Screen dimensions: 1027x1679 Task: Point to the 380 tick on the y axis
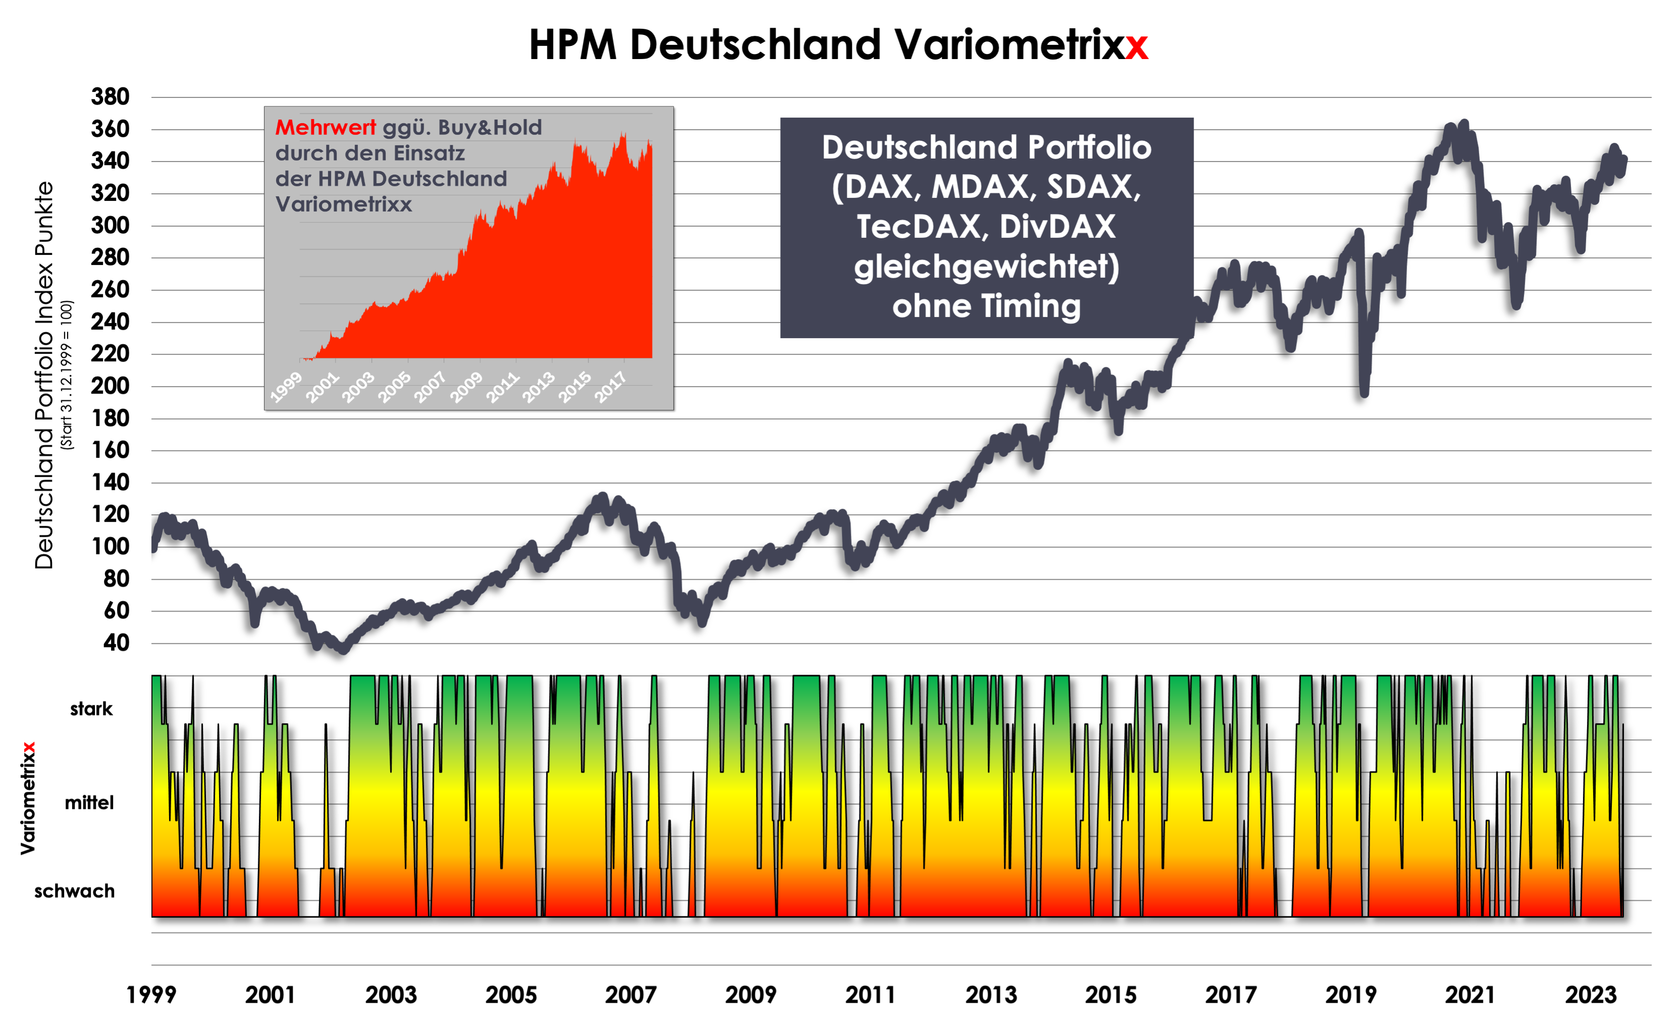click(x=111, y=97)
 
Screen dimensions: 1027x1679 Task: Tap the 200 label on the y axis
click(x=111, y=386)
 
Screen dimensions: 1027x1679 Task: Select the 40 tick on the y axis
click(x=116, y=642)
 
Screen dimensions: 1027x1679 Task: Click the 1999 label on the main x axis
click(x=151, y=995)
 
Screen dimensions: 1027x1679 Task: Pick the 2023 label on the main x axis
click(x=1590, y=995)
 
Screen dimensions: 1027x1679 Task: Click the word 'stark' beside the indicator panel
click(x=91, y=709)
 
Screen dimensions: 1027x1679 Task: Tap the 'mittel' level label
click(x=89, y=803)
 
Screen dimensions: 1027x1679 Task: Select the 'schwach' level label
click(x=74, y=891)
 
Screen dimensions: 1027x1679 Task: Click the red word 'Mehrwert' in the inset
click(x=325, y=128)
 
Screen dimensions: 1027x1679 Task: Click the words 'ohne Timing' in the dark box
click(x=987, y=306)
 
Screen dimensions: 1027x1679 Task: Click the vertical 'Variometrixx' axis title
click(x=28, y=798)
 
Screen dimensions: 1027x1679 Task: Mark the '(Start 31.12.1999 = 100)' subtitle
click(x=66, y=375)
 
